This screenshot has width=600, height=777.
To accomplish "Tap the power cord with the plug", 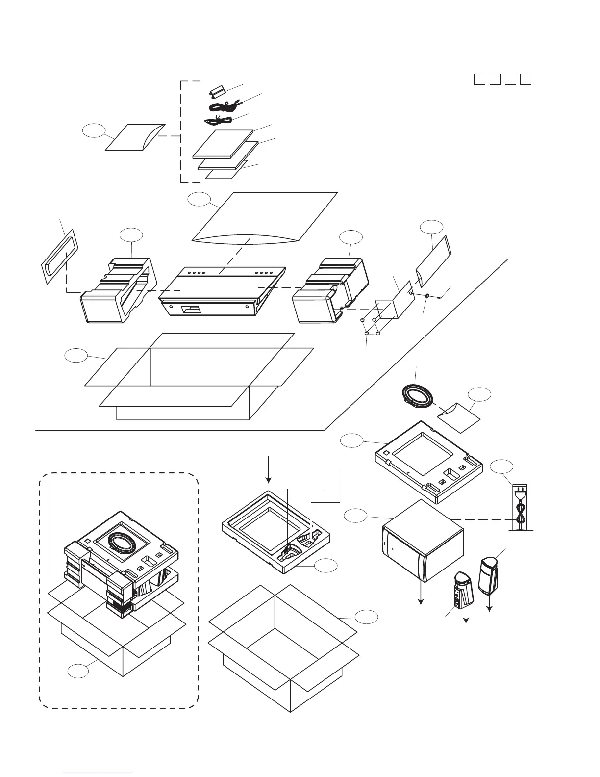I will tap(520, 509).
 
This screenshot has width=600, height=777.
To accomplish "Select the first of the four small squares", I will tap(479, 79).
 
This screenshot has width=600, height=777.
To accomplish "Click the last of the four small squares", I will tap(526, 79).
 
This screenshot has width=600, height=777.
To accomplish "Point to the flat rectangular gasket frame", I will tap(58, 255).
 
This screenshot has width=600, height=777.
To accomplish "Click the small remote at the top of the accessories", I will tap(216, 91).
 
